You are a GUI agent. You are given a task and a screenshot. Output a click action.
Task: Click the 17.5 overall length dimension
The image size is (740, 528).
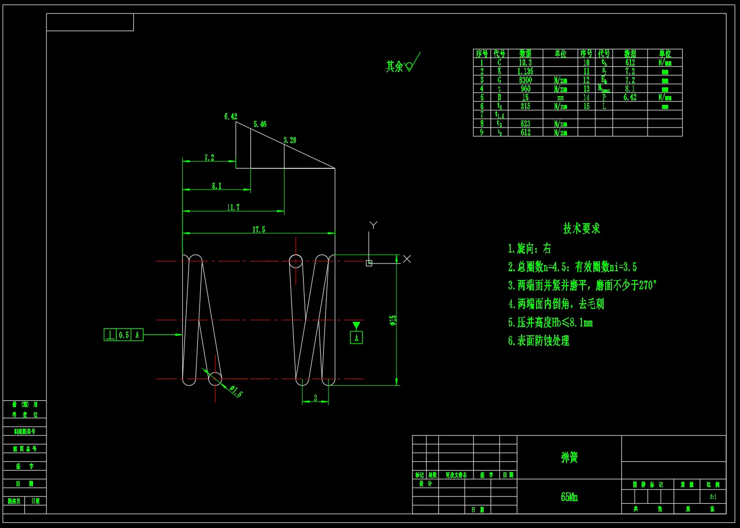(x=259, y=229)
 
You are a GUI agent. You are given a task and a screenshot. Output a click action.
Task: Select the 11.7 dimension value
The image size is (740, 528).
(x=233, y=207)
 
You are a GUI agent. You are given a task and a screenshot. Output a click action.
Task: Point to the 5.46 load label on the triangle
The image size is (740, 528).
(x=260, y=124)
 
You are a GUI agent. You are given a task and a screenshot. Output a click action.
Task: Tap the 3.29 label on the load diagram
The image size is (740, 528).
(x=290, y=140)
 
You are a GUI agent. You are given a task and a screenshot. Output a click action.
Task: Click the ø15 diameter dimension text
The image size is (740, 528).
(x=393, y=320)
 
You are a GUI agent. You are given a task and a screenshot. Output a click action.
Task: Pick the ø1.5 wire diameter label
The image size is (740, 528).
(x=235, y=391)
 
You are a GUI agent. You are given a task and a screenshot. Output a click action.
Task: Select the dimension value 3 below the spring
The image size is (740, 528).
(x=316, y=398)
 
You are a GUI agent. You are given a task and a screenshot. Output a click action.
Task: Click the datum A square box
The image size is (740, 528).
(x=356, y=338)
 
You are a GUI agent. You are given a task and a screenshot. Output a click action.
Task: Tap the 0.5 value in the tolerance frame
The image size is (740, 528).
(x=124, y=335)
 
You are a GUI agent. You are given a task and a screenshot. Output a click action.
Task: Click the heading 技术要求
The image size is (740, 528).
(x=581, y=228)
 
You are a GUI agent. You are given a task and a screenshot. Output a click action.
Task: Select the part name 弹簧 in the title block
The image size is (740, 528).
(x=569, y=457)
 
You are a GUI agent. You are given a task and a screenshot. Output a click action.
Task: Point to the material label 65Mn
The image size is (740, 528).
(x=569, y=497)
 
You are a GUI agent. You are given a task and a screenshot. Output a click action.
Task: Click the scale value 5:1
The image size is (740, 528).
(x=713, y=497)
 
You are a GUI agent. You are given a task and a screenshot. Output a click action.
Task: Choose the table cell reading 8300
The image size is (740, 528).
(x=525, y=80)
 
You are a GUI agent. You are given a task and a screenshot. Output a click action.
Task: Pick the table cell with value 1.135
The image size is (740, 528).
(x=525, y=71)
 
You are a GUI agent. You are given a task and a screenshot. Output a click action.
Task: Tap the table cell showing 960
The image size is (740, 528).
(x=525, y=89)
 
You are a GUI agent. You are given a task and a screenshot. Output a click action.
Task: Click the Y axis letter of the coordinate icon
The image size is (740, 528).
(x=373, y=225)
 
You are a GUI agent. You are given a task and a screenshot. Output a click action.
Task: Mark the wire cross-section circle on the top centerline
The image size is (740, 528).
(x=295, y=261)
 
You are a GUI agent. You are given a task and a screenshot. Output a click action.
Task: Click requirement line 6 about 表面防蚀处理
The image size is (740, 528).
(x=539, y=340)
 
